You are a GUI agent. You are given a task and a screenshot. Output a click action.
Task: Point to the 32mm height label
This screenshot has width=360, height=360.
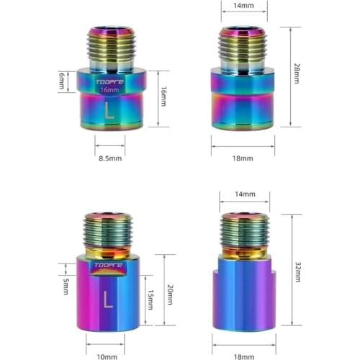click(297, 271)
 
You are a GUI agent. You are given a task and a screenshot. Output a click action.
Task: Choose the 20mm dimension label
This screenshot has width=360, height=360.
click(171, 294)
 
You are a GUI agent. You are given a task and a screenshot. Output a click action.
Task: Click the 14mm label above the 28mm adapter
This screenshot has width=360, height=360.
click(243, 5)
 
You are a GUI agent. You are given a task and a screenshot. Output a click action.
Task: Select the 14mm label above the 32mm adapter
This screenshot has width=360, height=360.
click(245, 194)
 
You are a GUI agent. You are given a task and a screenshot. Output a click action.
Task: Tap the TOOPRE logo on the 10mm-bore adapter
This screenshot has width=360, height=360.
click(106, 265)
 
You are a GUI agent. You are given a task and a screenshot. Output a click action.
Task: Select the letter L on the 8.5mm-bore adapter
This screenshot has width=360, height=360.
click(109, 112)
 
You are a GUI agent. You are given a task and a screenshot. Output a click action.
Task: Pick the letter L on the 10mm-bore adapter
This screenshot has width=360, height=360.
click(107, 296)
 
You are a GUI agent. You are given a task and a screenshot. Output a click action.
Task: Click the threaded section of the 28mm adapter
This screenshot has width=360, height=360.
click(243, 45)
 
